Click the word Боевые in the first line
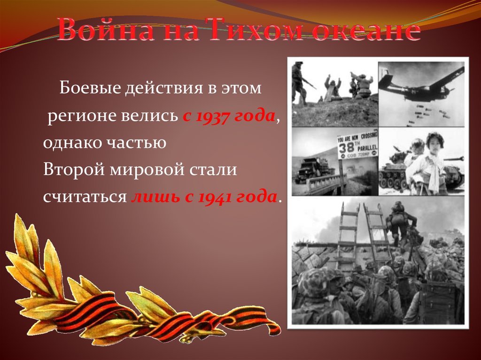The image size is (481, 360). (88, 88)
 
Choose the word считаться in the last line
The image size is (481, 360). (85, 197)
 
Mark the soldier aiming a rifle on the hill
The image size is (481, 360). (299, 82)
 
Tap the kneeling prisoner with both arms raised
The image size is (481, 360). (333, 87)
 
